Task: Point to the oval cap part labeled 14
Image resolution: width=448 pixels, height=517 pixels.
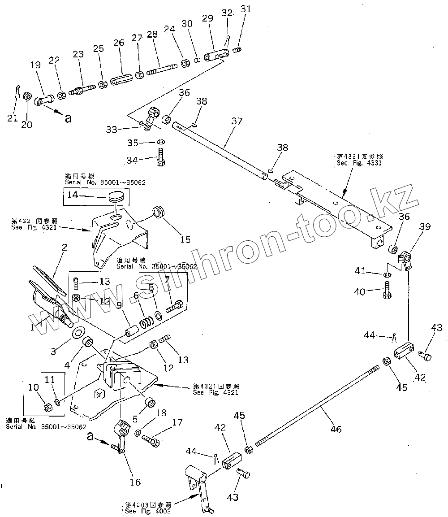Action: point(116,196)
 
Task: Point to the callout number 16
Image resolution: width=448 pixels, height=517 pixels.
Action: point(135,482)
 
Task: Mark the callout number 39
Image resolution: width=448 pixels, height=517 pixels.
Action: point(425,227)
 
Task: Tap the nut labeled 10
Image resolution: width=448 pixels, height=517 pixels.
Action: point(47,407)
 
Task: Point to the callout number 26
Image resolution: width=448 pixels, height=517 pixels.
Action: point(118,43)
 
